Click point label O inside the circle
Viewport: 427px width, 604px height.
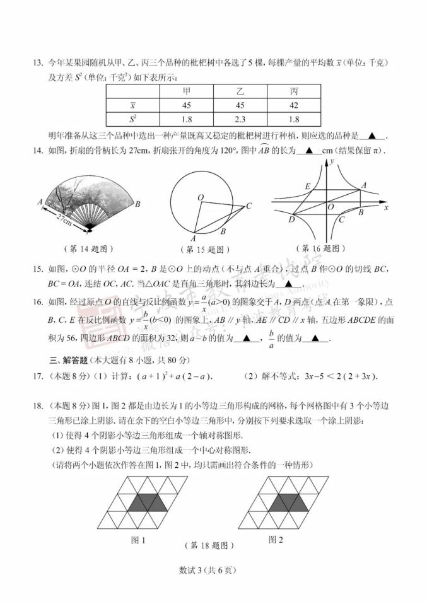coord(200,198)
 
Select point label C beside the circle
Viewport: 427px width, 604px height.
coord(249,206)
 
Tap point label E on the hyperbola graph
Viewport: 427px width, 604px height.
coord(307,187)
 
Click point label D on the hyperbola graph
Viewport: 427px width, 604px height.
coord(291,219)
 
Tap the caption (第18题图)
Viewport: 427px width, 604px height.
coord(209,546)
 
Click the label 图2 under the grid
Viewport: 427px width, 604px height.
coord(276,540)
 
